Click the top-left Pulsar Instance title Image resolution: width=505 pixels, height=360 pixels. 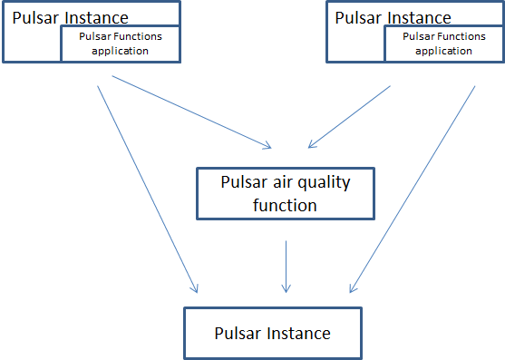click(70, 17)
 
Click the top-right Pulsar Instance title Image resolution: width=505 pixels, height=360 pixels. click(393, 17)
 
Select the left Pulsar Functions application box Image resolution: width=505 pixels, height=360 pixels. click(120, 44)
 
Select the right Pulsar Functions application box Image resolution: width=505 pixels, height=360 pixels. click(443, 44)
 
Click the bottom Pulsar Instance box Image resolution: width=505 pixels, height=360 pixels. click(272, 333)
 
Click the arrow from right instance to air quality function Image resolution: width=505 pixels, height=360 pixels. click(349, 116)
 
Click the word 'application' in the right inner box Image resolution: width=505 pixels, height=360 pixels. click(444, 51)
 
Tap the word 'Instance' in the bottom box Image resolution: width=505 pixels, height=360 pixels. click(298, 333)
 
